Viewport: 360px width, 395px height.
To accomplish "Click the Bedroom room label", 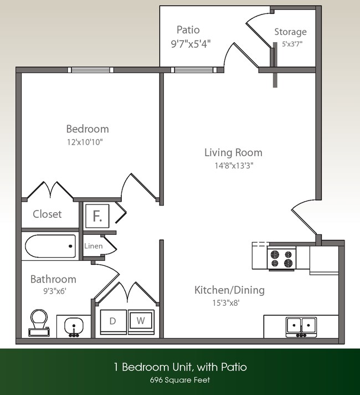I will click(x=87, y=129).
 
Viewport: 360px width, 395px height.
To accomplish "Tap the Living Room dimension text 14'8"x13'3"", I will click(x=233, y=165).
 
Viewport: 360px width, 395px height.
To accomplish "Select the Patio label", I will click(x=188, y=29).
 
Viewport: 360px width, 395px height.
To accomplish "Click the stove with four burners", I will click(x=281, y=258).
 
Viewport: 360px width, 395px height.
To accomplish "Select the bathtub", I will click(x=50, y=246).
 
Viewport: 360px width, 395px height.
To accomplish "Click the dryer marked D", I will click(x=113, y=321).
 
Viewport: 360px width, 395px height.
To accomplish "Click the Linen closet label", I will click(x=93, y=246).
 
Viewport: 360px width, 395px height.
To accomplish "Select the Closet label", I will click(x=47, y=214).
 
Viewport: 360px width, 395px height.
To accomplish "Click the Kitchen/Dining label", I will click(x=229, y=290).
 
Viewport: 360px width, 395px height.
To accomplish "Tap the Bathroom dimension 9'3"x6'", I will click(x=52, y=290).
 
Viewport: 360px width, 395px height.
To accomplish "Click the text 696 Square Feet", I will click(x=179, y=380).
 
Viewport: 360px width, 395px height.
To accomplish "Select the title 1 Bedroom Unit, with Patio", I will click(x=179, y=367).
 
